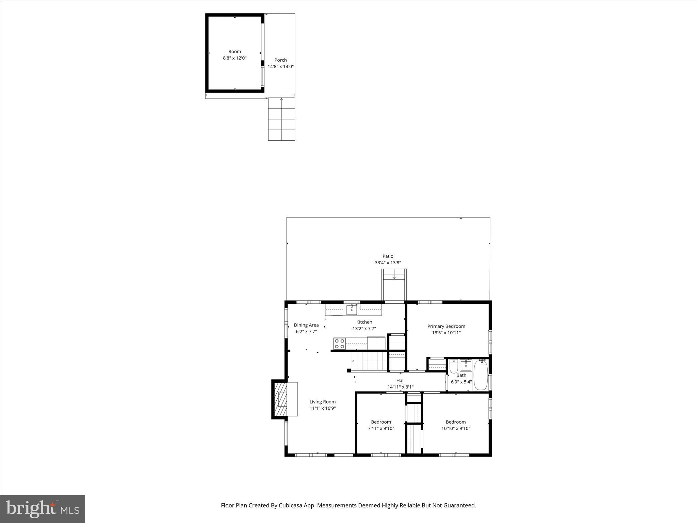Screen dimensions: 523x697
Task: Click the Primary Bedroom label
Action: [x=446, y=326]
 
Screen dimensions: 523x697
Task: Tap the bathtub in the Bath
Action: [x=481, y=375]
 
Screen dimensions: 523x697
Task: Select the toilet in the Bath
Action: [x=453, y=367]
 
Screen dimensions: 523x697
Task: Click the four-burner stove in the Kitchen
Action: [x=339, y=344]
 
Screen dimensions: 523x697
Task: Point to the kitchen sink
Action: [x=352, y=310]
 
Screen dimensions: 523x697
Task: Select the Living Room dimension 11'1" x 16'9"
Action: [x=322, y=408]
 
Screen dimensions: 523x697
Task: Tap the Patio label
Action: [x=388, y=256]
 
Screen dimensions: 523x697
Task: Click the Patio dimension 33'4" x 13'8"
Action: [x=388, y=263]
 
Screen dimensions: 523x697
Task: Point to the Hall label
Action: [x=400, y=380]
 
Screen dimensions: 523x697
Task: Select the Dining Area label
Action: [x=306, y=325]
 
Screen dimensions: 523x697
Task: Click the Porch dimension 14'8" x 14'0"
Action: [x=280, y=67]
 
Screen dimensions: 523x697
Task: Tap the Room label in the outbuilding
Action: [x=234, y=51]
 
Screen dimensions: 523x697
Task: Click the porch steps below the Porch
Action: [x=281, y=119]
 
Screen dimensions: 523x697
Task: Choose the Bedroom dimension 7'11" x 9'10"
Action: [x=381, y=428]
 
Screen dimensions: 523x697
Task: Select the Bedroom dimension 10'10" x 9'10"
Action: [x=456, y=428]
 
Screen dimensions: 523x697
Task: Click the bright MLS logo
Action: [x=43, y=509]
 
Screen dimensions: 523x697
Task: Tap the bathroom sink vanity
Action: [x=465, y=366]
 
